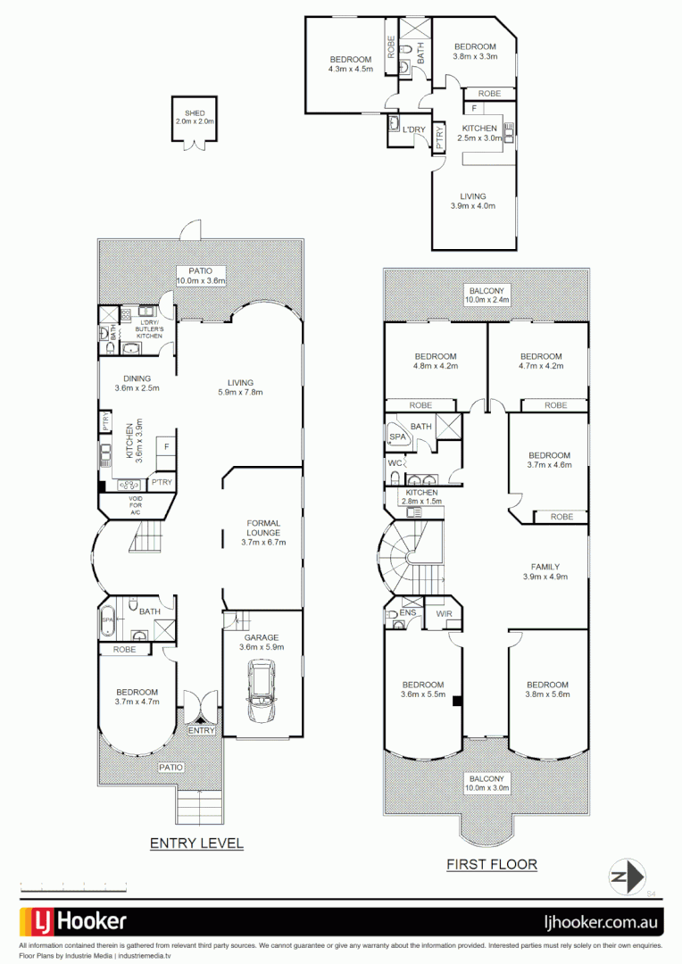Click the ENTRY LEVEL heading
[x=196, y=843]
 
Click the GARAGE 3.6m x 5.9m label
[x=262, y=643]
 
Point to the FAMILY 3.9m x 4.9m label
[x=545, y=572]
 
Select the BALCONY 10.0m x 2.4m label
[x=487, y=295]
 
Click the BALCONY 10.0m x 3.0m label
[x=487, y=784]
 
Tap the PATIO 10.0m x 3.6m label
[x=200, y=276]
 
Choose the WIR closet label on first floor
[x=444, y=614]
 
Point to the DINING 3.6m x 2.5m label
[x=137, y=383]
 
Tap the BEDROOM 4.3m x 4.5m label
[x=350, y=64]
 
